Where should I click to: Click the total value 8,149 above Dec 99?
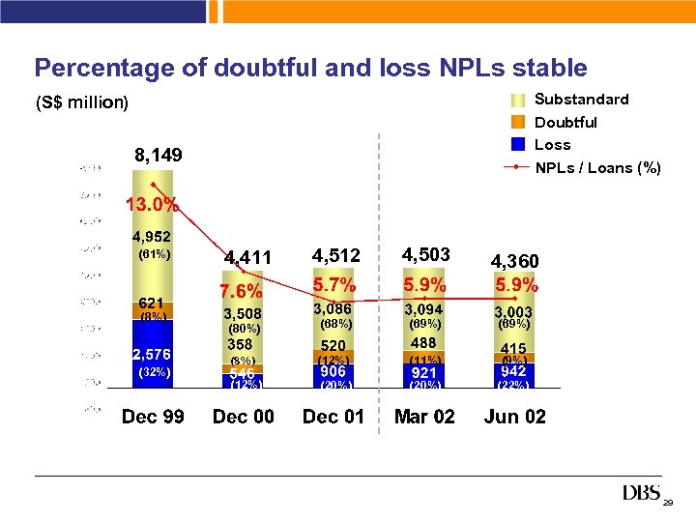[158, 156]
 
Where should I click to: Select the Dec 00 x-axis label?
[243, 417]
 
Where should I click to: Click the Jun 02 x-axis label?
[514, 417]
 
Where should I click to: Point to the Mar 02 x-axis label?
[424, 417]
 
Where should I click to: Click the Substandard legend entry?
[581, 100]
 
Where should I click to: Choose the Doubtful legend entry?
[565, 122]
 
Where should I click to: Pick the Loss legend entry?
[552, 145]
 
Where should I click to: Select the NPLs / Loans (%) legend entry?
[597, 168]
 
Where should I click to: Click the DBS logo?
[642, 494]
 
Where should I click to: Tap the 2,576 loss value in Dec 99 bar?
[153, 353]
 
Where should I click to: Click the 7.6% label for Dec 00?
[242, 292]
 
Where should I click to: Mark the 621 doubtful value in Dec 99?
[153, 303]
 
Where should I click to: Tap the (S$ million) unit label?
[81, 102]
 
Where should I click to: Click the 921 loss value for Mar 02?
[424, 372]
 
